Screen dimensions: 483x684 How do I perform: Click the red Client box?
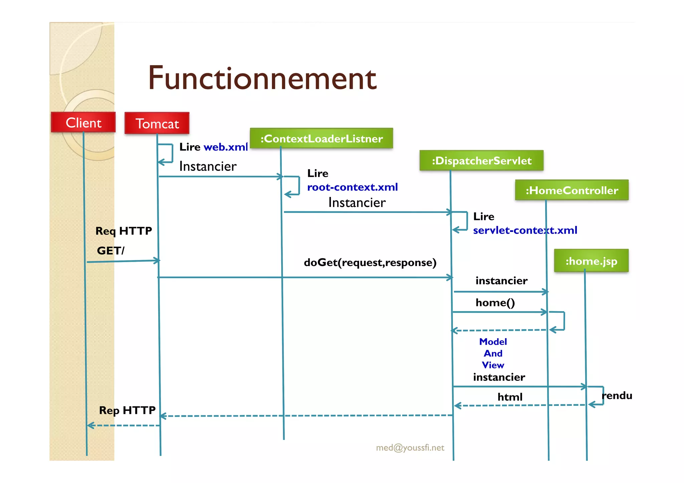pos(83,123)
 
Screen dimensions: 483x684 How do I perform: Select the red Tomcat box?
pos(157,124)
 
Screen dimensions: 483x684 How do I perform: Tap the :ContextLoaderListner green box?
pos(321,139)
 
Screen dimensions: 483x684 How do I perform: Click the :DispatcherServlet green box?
pos(481,161)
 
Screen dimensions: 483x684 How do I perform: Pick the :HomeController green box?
pos(572,190)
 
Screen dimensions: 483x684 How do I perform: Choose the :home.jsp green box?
pos(591,261)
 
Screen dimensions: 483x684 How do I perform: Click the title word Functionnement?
pos(262,78)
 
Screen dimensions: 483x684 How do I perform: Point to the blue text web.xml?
pos(225,147)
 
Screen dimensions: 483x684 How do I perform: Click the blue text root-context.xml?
pos(352,187)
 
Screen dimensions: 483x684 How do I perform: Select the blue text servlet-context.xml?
pos(525,230)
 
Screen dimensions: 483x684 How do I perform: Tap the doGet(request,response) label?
pos(370,263)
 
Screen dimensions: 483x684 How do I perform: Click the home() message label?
pos(495,303)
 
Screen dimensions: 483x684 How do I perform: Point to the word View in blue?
pos(493,365)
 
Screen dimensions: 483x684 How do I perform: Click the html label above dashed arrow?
pos(510,397)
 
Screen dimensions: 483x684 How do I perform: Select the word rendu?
pos(617,396)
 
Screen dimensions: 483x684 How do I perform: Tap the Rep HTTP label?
pos(127,410)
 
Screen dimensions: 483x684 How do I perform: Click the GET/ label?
pos(111,251)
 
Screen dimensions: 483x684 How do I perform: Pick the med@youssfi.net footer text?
pos(410,448)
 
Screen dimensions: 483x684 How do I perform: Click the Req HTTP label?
pos(124,231)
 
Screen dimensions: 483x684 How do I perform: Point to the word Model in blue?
pos(493,342)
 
